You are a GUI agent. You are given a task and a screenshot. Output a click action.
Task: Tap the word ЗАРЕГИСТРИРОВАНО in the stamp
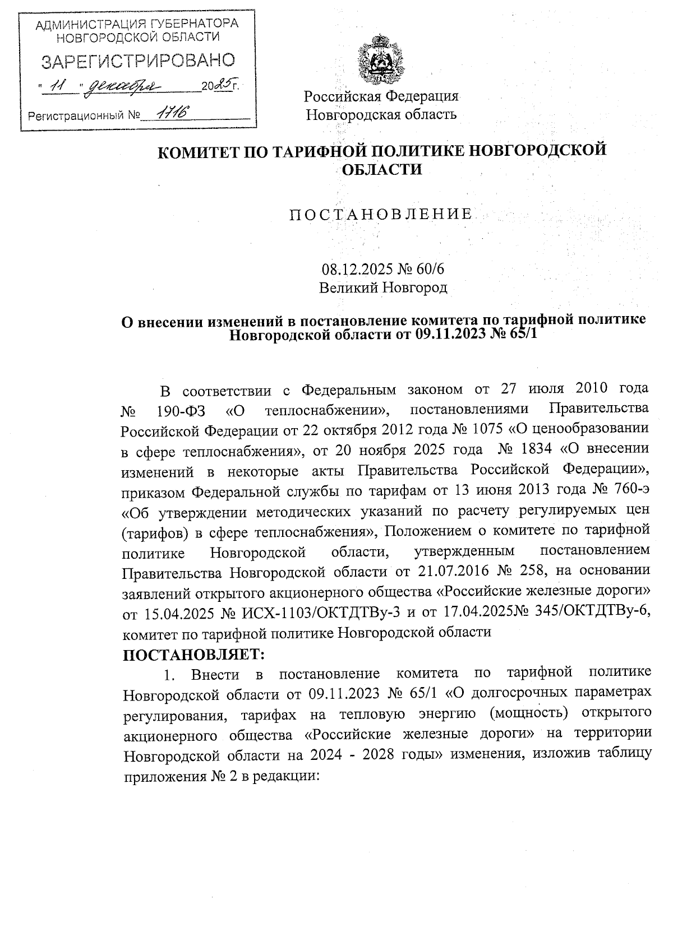(139, 61)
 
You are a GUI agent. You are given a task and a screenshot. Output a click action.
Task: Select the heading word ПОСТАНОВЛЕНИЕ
(381, 215)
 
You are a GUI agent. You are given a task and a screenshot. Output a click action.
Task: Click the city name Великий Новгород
(383, 288)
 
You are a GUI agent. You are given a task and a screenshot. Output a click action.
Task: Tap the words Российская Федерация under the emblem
(381, 96)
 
